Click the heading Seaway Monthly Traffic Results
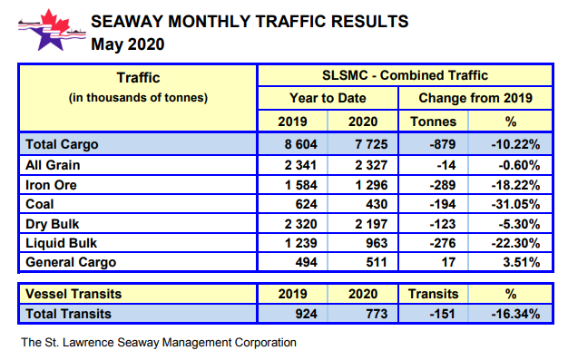click(249, 20)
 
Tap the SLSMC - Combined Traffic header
click(406, 75)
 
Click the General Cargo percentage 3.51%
click(520, 263)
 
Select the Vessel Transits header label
click(73, 294)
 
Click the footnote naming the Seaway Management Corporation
click(158, 343)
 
